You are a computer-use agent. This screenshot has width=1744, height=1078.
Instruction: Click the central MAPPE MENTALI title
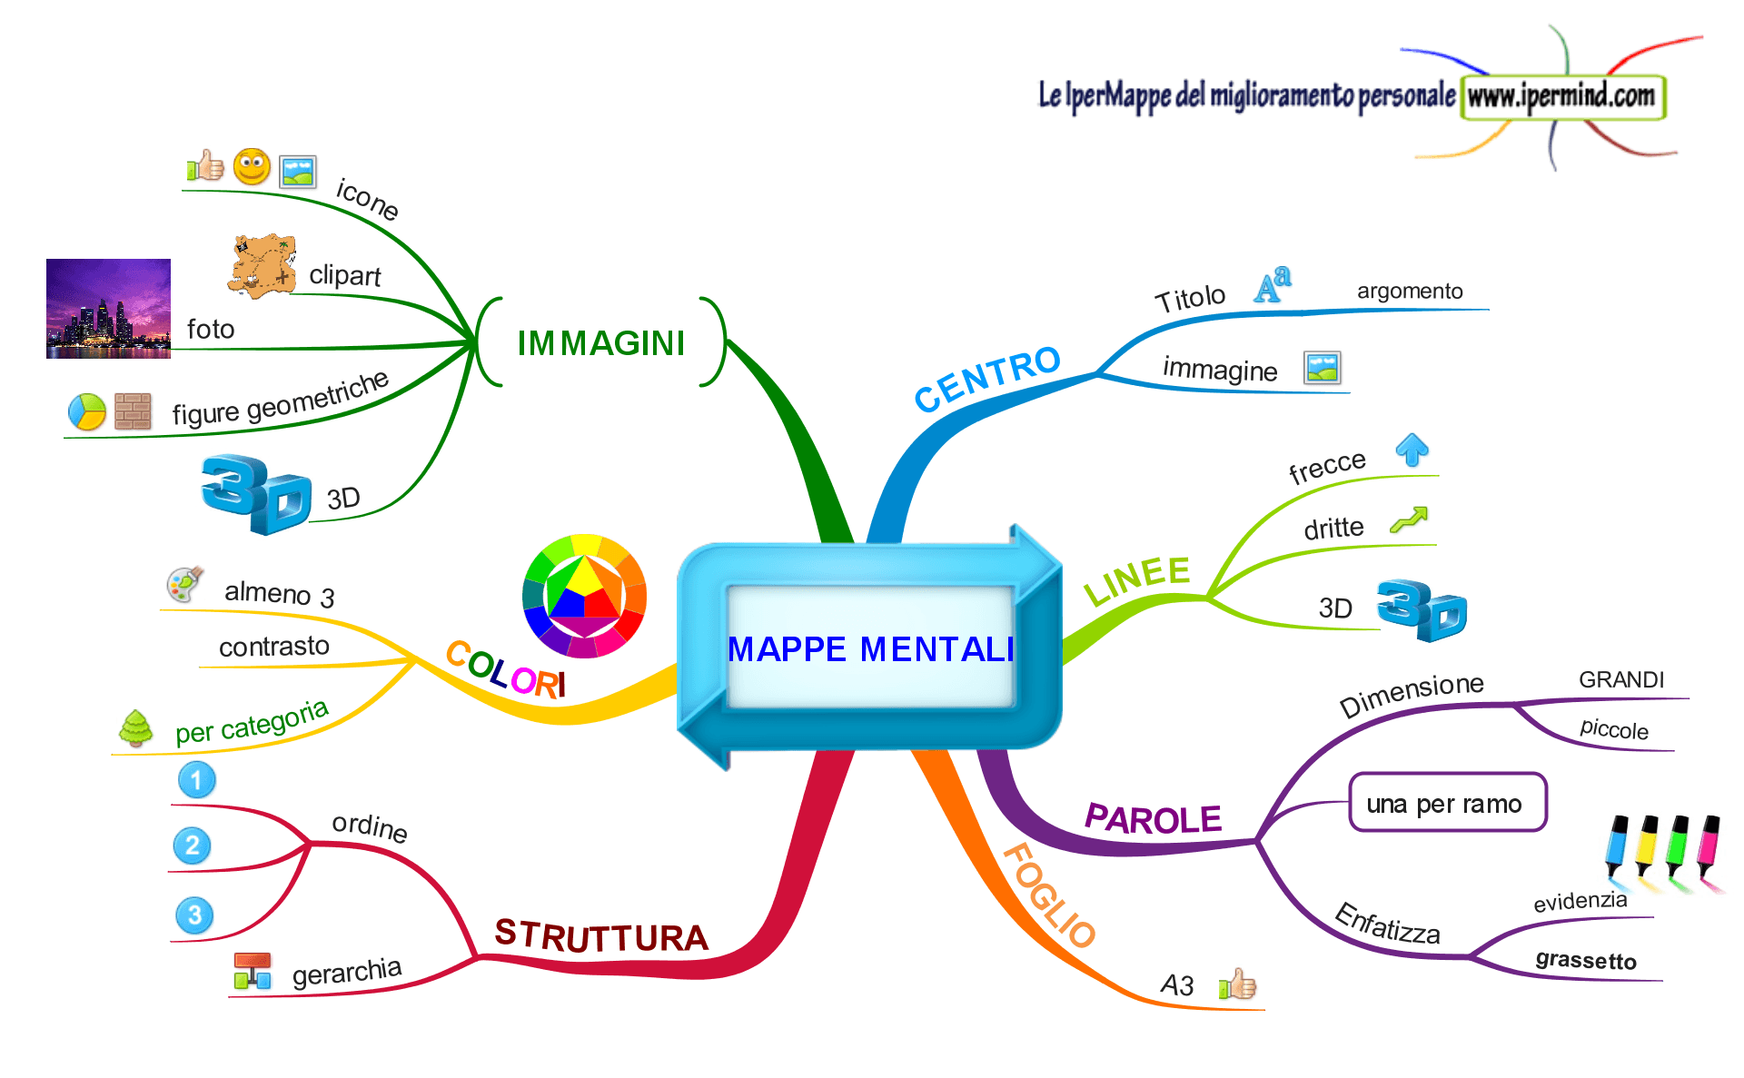coord(870,649)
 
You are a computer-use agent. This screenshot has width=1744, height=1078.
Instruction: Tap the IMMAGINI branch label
coord(600,343)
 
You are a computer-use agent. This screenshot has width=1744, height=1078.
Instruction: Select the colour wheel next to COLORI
coord(584,595)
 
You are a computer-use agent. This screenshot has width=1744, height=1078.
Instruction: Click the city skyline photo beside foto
coord(108,309)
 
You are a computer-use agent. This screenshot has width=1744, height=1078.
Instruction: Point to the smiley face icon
coord(252,167)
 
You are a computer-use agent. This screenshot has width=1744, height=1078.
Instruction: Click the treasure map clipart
coord(263,266)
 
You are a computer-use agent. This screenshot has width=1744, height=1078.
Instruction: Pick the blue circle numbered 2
coord(192,846)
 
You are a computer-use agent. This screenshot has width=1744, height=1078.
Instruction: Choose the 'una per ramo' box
coord(1447,803)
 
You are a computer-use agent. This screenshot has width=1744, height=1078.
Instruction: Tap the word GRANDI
coord(1620,679)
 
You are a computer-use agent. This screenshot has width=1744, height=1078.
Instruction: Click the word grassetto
coord(1585,960)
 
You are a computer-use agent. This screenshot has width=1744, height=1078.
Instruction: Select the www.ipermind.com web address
coord(1561,95)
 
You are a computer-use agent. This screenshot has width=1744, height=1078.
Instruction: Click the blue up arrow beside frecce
coord(1412,449)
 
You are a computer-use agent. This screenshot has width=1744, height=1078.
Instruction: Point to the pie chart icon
coord(87,411)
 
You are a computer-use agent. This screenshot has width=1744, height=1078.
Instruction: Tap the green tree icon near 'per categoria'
coord(136,728)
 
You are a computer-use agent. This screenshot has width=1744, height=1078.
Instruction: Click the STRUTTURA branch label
coord(600,936)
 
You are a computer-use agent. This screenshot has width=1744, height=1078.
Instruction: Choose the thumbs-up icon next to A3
coord(1237,984)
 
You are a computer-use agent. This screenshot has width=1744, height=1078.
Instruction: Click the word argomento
coord(1409,291)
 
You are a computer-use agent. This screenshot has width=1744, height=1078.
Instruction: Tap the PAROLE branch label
coord(1153,819)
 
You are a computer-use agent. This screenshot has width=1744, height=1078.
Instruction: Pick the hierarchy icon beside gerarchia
coord(252,971)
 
